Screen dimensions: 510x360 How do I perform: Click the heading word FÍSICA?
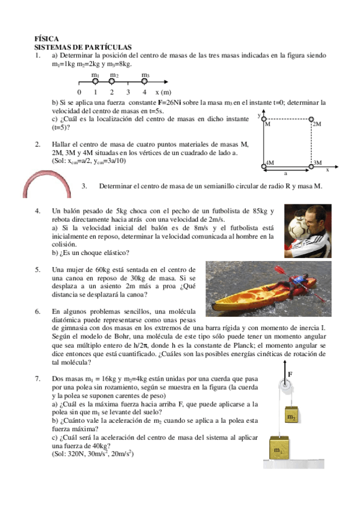tap(46, 38)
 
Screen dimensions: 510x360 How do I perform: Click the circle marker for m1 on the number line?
tap(96, 82)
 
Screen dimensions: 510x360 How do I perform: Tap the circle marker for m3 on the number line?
tap(145, 82)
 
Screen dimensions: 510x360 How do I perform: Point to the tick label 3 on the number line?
tap(128, 93)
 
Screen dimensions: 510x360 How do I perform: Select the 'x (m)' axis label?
tap(163, 93)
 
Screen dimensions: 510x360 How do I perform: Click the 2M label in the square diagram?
tap(317, 124)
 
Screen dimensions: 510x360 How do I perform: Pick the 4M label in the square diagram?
tap(270, 163)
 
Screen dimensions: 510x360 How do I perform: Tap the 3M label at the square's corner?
tap(317, 163)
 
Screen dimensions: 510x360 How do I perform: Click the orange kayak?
tap(246, 294)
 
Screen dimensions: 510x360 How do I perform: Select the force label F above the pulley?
tap(291, 373)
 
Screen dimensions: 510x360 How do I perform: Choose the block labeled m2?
tap(291, 416)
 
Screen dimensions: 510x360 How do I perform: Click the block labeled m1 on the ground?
tap(279, 449)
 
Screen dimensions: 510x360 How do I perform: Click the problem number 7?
tap(37, 378)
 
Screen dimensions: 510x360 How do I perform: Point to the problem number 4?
tap(37, 211)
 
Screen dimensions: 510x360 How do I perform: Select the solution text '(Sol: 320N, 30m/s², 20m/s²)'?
tap(93, 454)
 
